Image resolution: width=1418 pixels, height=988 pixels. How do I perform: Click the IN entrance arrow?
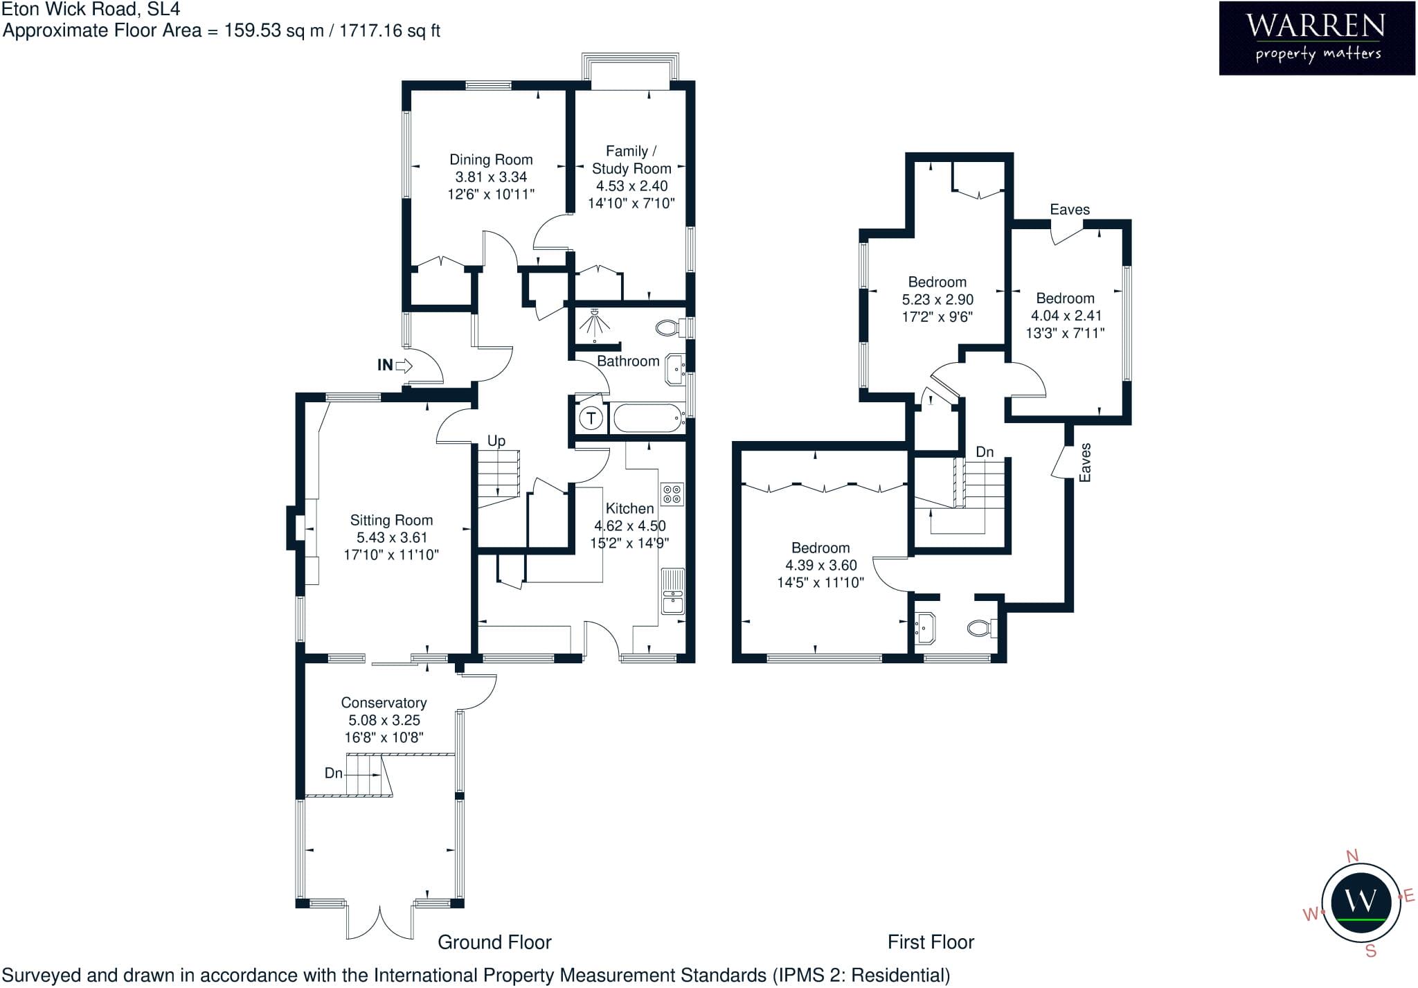(404, 365)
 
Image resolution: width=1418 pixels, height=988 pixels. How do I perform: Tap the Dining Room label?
(491, 160)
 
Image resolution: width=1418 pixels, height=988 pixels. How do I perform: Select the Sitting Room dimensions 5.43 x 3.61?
(392, 537)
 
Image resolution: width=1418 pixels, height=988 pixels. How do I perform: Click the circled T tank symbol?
(591, 417)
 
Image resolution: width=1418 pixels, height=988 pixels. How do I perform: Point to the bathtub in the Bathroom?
(649, 417)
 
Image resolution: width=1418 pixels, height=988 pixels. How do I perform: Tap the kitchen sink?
(672, 591)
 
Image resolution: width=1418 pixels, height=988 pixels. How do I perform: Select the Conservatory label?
(384, 703)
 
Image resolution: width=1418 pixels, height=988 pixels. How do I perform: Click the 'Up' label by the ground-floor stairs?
(496, 441)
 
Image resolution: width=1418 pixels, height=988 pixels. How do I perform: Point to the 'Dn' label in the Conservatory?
(334, 773)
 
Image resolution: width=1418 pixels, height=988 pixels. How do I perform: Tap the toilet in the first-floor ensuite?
(982, 628)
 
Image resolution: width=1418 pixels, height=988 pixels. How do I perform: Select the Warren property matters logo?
(1317, 38)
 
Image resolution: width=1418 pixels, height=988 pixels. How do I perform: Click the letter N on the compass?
(1352, 856)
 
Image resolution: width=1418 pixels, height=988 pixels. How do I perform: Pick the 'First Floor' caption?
(931, 942)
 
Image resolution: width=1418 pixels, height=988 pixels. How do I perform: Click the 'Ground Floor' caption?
(494, 942)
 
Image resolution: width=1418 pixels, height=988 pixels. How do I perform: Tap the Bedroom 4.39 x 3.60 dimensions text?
(821, 565)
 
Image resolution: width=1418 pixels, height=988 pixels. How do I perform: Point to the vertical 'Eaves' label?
(1085, 462)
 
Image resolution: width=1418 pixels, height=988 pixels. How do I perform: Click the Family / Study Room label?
(631, 160)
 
